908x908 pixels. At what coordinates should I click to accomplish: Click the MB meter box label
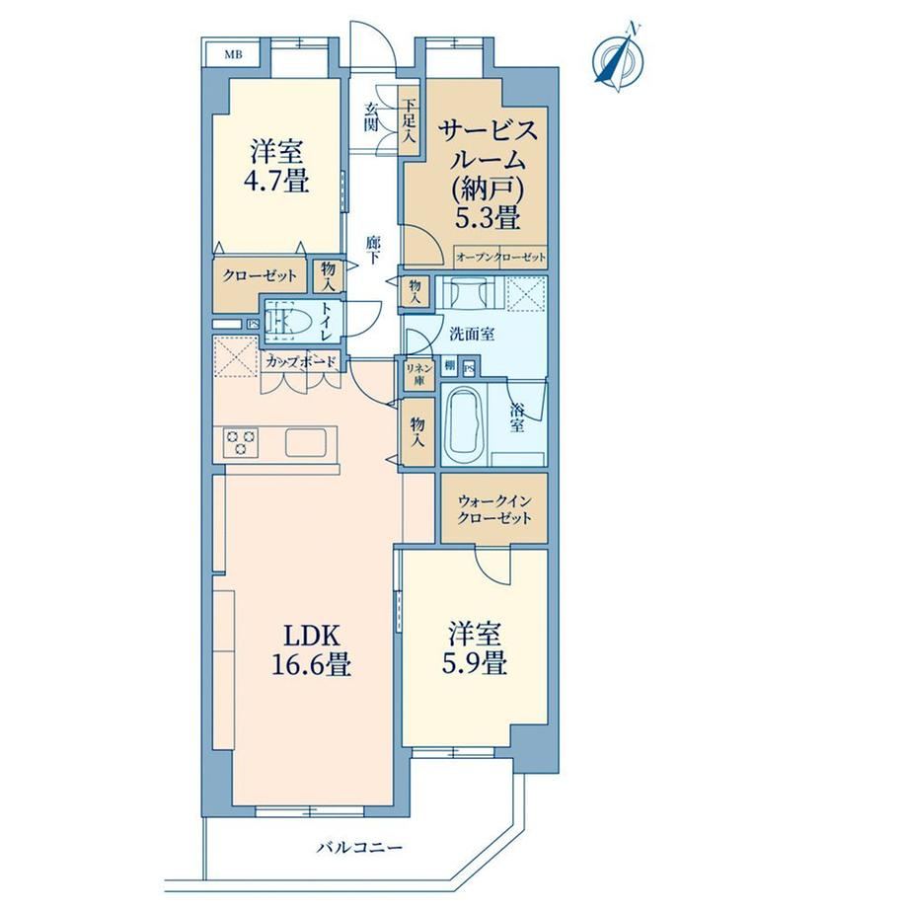coord(233,55)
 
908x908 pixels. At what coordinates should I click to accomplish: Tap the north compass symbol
coord(619,58)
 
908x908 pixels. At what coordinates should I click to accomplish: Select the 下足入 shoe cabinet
coord(410,121)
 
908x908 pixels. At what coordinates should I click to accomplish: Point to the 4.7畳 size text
coord(276,180)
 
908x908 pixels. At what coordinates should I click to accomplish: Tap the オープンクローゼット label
coord(501,257)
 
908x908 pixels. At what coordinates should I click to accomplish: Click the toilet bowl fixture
coord(288,321)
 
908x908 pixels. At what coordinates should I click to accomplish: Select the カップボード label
coord(301,362)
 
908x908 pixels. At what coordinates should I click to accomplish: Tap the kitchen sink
coord(306,443)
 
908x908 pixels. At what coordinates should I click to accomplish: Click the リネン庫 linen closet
coord(419,374)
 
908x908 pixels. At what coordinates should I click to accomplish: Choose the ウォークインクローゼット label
coord(493,509)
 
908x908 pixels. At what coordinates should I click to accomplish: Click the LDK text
coord(311,636)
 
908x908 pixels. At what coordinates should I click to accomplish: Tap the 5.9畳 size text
coord(475,662)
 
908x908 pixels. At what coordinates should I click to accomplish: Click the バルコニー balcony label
coord(359,848)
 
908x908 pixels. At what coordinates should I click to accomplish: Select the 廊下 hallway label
coord(372,250)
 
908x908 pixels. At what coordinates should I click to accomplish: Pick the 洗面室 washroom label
coord(472,334)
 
